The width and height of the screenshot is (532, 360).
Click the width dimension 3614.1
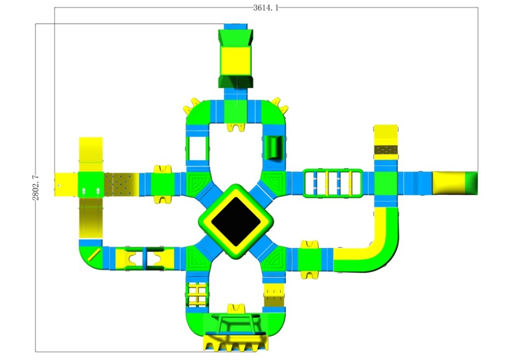265,8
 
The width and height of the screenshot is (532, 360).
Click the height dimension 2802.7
36,187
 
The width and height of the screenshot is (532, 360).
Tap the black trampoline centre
236,221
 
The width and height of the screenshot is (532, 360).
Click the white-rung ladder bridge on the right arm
332,183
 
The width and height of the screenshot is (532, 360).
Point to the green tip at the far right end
471,183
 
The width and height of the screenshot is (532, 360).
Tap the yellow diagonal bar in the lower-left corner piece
94,255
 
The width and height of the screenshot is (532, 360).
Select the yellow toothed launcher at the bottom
235,342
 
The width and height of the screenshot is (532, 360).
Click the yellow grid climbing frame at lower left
197,294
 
